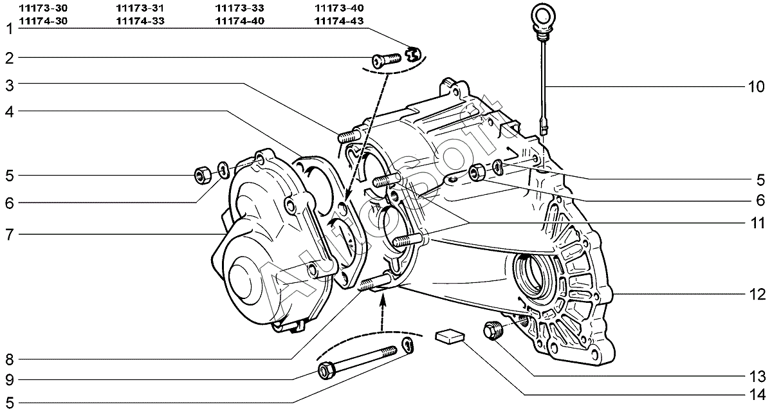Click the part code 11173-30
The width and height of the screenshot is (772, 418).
pyautogui.click(x=43, y=8)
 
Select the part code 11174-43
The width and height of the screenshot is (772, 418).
pyautogui.click(x=339, y=21)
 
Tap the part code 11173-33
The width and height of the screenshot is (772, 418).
pyautogui.click(x=239, y=8)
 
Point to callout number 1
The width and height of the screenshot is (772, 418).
pyautogui.click(x=10, y=29)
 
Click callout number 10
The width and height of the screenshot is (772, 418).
pyautogui.click(x=756, y=87)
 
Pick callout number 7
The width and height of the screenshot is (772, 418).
pyautogui.click(x=10, y=235)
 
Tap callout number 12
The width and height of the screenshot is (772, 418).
pyautogui.click(x=757, y=295)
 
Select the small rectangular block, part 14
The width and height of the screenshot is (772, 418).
pyautogui.click(x=450, y=336)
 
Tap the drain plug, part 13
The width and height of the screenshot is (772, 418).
pyautogui.click(x=493, y=330)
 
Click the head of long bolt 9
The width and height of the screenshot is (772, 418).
pyautogui.click(x=326, y=371)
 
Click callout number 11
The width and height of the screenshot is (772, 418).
pyautogui.click(x=757, y=224)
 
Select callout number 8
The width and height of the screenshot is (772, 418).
pyautogui.click(x=10, y=360)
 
